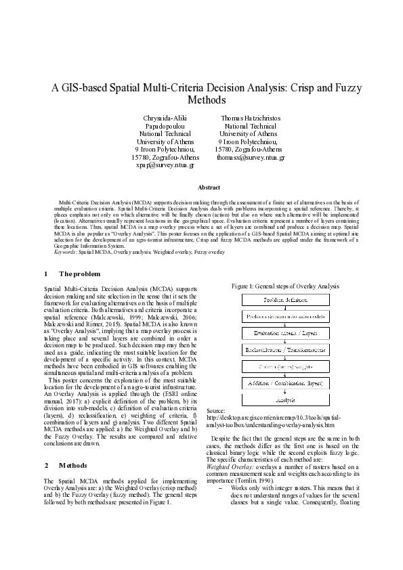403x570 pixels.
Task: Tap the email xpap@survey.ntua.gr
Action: tap(165, 165)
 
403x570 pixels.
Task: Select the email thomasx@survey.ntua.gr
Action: tap(251, 156)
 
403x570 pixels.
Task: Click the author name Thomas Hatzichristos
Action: tap(251, 117)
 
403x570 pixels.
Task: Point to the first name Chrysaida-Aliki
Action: tap(165, 117)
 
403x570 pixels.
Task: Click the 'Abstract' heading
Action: tap(208, 186)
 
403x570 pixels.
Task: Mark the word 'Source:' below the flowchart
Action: tap(216, 411)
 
